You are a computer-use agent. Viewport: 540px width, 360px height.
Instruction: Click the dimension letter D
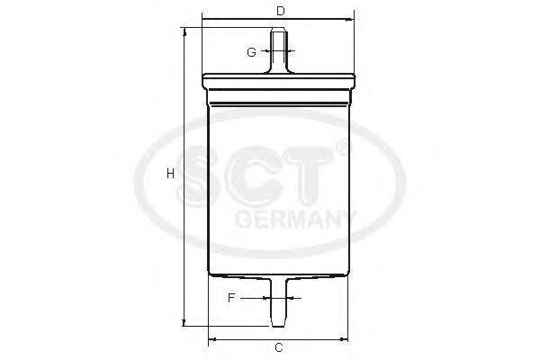280,12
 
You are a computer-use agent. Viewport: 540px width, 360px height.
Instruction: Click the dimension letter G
252,51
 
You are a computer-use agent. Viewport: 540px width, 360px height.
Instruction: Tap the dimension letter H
169,174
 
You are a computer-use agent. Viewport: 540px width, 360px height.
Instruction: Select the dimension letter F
231,296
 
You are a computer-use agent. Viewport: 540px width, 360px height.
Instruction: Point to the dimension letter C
279,347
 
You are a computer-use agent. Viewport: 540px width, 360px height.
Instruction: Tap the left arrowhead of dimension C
211,339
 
